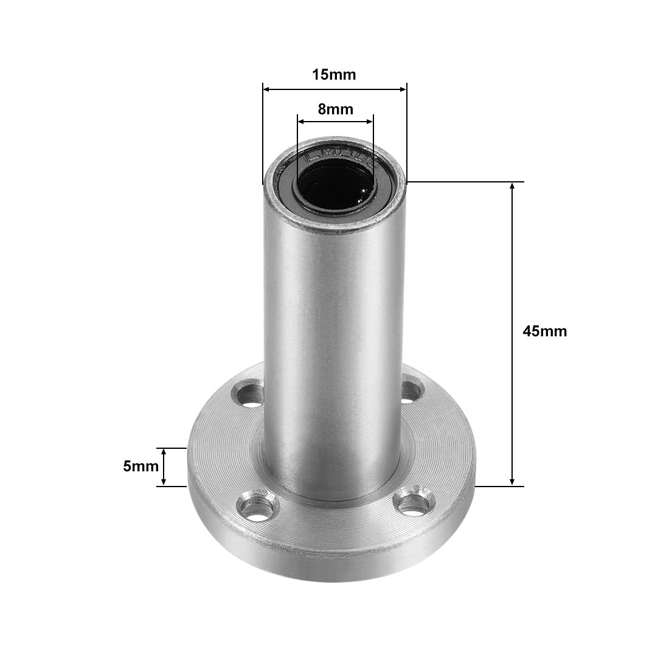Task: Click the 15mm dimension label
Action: tap(333, 75)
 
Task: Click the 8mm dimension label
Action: tap(335, 109)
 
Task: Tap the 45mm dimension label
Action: tap(544, 331)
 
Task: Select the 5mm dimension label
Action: tap(140, 466)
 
